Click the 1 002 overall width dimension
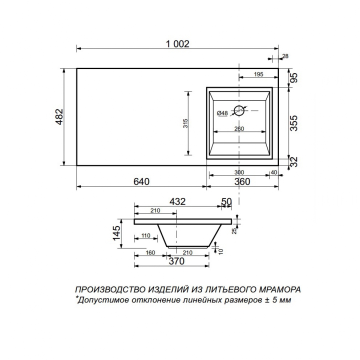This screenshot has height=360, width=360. [x=177, y=44]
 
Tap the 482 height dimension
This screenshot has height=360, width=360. [x=59, y=116]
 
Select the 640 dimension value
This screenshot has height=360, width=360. [x=141, y=181]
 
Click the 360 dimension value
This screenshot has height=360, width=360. [x=242, y=181]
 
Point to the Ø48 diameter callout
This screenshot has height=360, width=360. [x=222, y=113]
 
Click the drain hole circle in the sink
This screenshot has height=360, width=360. [x=239, y=111]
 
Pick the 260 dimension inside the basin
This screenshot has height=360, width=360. [x=239, y=129]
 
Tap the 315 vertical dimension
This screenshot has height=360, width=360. [x=185, y=123]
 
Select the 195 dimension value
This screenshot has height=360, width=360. [x=258, y=74]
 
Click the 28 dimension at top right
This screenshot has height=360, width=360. [x=285, y=56]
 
